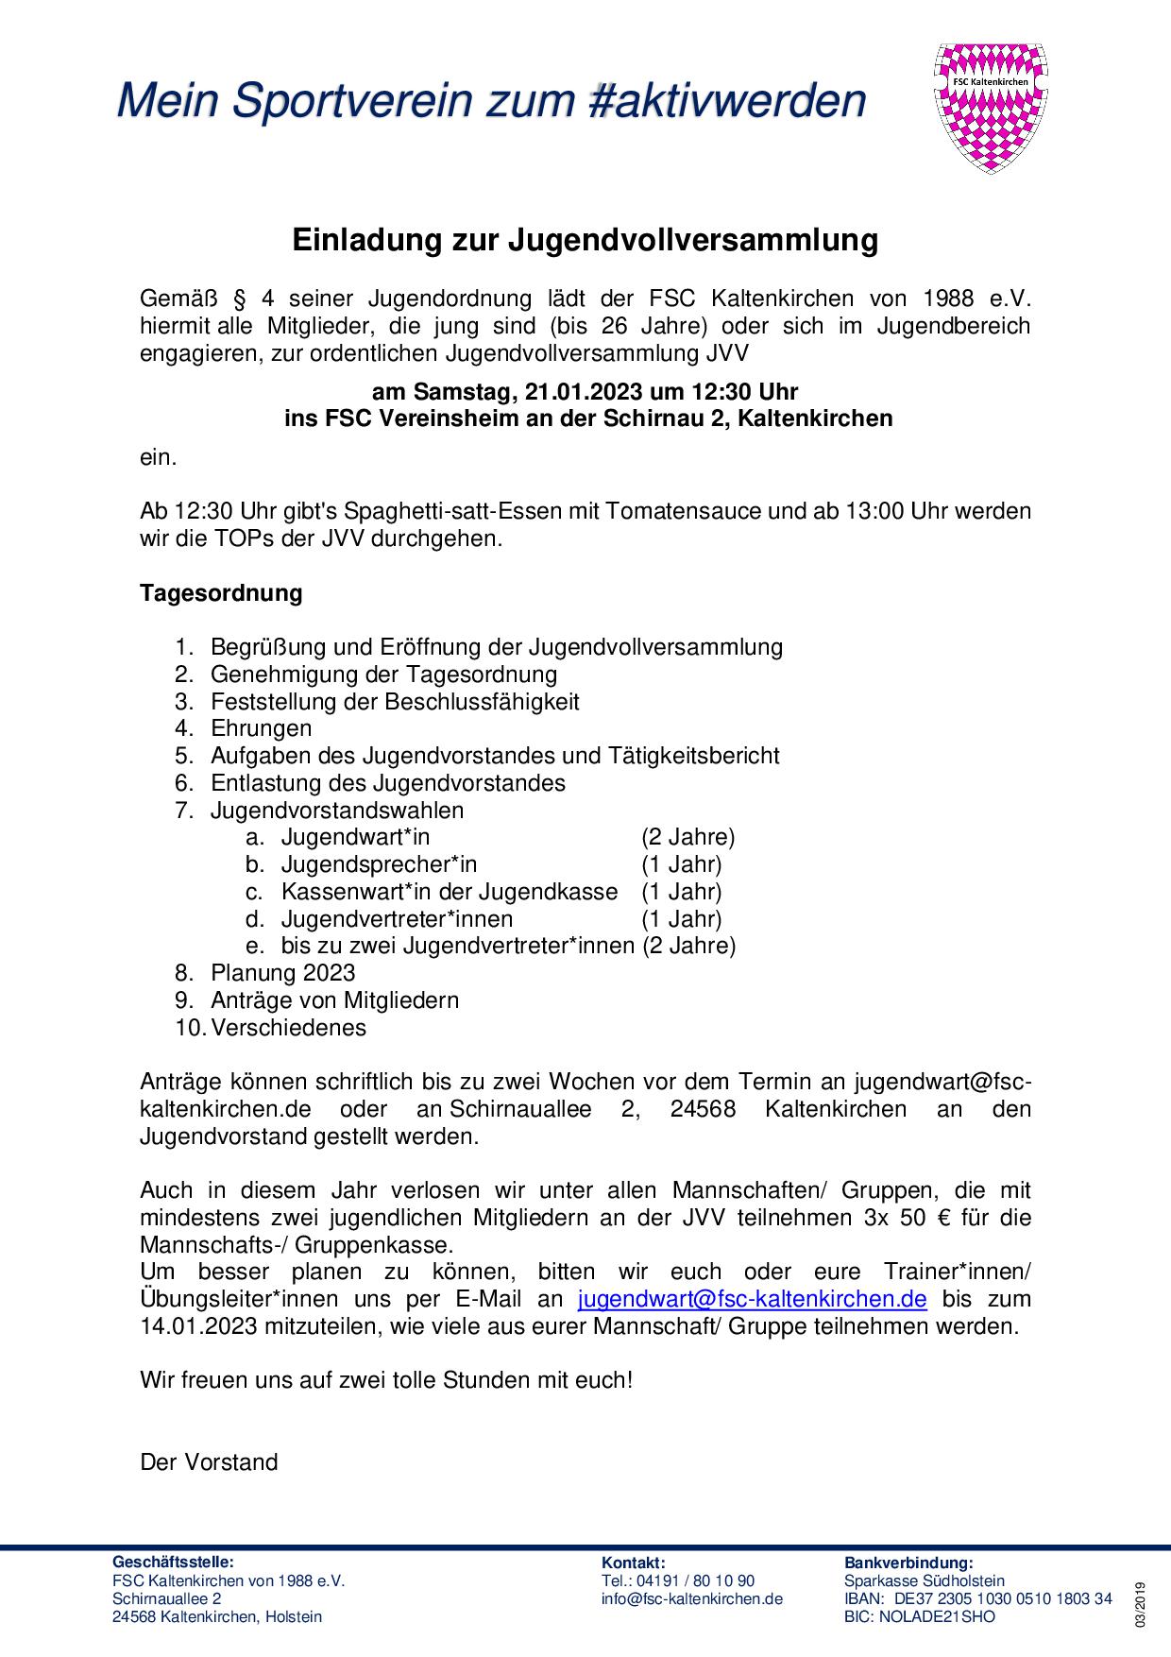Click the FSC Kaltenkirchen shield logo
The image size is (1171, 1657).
click(x=992, y=107)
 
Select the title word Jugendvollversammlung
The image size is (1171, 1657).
click(x=693, y=240)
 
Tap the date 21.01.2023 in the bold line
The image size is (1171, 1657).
click(x=579, y=391)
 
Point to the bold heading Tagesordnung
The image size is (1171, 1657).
click(x=221, y=593)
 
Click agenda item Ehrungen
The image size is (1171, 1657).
click(x=261, y=728)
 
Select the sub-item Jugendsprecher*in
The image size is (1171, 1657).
click(x=379, y=864)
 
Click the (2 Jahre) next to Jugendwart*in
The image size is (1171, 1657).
click(x=687, y=837)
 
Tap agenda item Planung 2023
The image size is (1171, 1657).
click(x=283, y=973)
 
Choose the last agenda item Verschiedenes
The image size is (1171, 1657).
click(x=288, y=1027)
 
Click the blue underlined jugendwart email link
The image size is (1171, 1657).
click(x=752, y=1299)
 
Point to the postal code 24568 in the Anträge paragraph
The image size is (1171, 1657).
click(x=703, y=1109)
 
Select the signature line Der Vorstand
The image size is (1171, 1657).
click(x=209, y=1462)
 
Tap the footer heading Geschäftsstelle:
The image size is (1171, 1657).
click(x=173, y=1563)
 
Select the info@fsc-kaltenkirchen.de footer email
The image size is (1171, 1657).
click(x=692, y=1598)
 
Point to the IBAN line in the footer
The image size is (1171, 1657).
click(x=977, y=1598)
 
